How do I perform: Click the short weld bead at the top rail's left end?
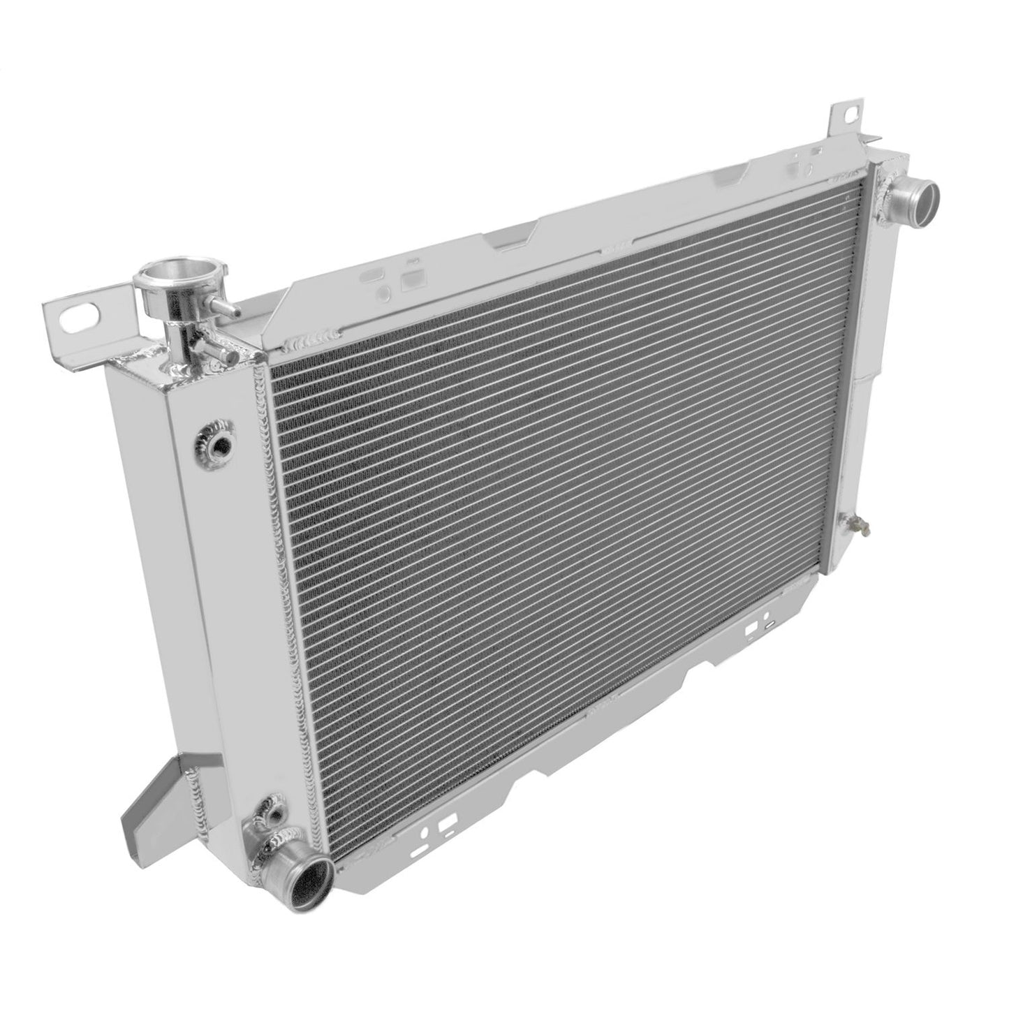pyautogui.click(x=304, y=344)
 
